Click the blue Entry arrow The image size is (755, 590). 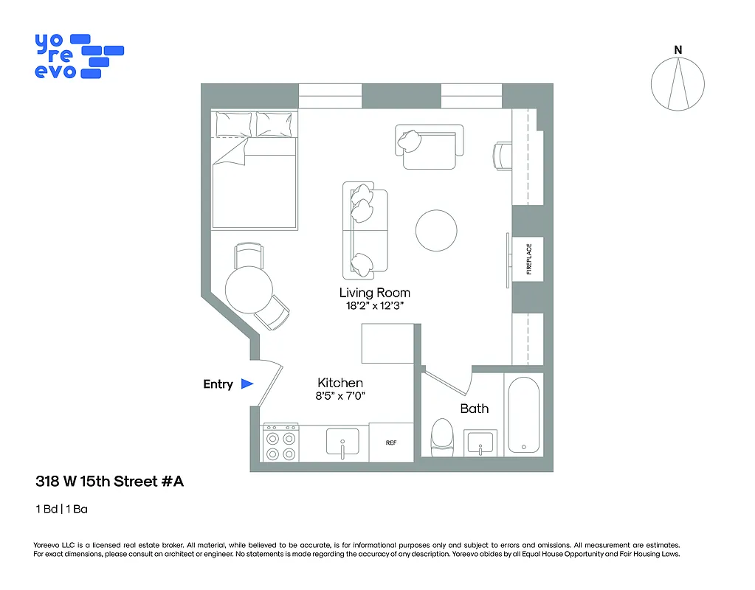click(247, 384)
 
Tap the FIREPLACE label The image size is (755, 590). click(529, 259)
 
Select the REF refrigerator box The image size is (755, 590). click(391, 442)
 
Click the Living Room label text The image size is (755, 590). click(374, 293)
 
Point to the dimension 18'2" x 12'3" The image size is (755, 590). click(374, 306)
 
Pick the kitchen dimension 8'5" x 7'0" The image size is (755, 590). click(340, 396)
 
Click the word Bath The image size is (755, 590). click(475, 409)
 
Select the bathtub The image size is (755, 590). click(523, 414)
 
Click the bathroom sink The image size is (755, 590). click(480, 442)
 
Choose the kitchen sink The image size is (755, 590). click(342, 441)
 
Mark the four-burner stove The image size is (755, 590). click(281, 442)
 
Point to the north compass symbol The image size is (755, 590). click(678, 83)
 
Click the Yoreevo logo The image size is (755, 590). click(78, 56)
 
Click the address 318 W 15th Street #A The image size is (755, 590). click(109, 482)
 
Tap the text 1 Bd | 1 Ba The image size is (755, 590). click(61, 509)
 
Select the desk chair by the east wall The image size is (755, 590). click(502, 156)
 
